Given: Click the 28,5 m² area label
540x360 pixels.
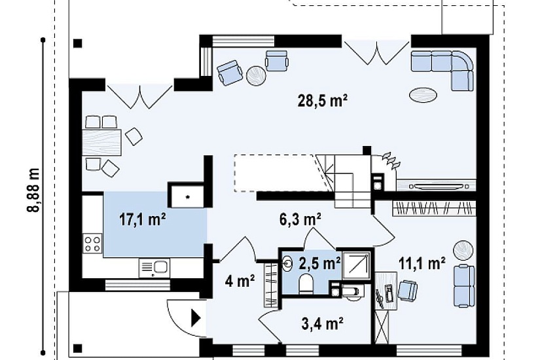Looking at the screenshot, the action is pyautogui.click(x=322, y=101).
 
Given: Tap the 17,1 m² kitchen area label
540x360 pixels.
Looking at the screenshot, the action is pyautogui.click(x=143, y=219).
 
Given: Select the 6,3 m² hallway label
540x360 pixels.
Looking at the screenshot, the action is pyautogui.click(x=300, y=219).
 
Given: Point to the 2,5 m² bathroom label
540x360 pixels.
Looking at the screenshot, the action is pyautogui.click(x=319, y=264).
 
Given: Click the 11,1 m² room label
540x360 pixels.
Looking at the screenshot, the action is pyautogui.click(x=422, y=264).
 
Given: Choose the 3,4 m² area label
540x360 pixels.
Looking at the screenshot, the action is pyautogui.click(x=322, y=323).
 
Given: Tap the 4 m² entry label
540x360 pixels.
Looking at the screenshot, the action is pyautogui.click(x=240, y=281).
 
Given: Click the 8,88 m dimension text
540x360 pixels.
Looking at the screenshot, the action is pyautogui.click(x=33, y=190).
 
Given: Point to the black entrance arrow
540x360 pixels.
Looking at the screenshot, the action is pyautogui.click(x=196, y=317).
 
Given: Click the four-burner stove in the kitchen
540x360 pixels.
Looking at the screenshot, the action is pyautogui.click(x=93, y=243).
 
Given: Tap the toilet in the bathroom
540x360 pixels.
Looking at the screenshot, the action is pyautogui.click(x=306, y=285).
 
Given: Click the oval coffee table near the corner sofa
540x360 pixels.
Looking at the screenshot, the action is pyautogui.click(x=423, y=94).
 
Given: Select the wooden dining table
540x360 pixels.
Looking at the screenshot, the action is pyautogui.click(x=102, y=143).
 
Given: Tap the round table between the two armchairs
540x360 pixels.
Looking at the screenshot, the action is pyautogui.click(x=256, y=75).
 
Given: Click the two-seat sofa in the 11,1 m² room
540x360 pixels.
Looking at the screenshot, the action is pyautogui.click(x=464, y=286).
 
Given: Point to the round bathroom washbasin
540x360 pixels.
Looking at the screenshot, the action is pyautogui.click(x=287, y=264).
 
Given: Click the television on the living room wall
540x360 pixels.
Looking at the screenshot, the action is pyautogui.click(x=437, y=186).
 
